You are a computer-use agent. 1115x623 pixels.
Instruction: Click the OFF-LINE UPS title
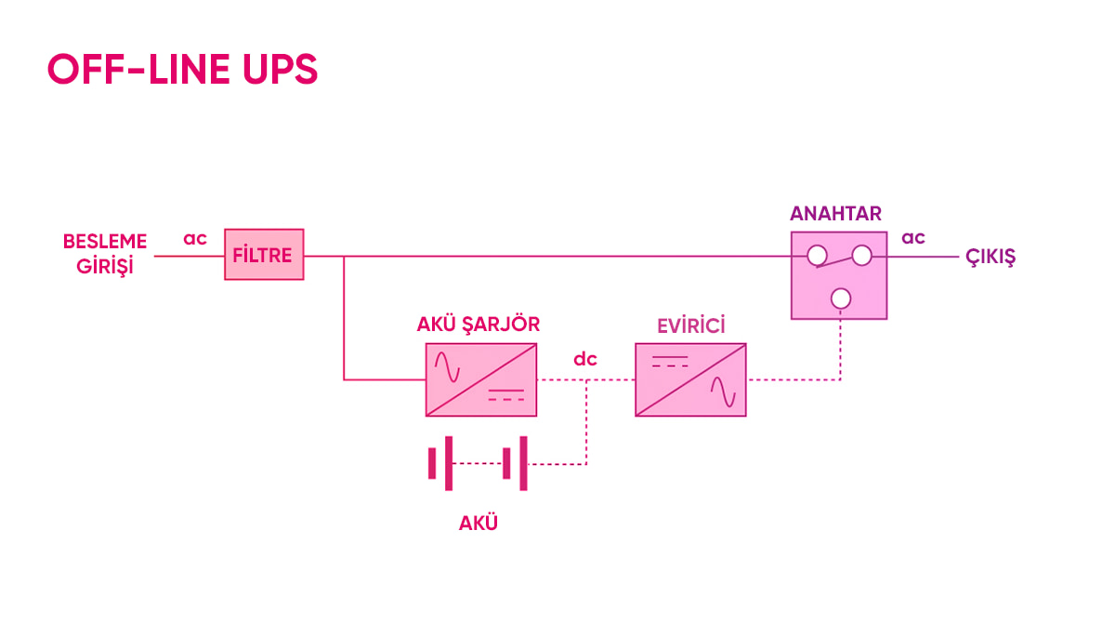pyautogui.click(x=182, y=69)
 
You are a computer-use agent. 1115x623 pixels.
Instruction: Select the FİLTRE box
pyautogui.click(x=264, y=255)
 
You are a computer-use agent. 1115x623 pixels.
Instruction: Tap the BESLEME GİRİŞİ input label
pyautogui.click(x=105, y=254)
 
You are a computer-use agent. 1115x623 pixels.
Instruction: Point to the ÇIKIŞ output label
pyautogui.click(x=990, y=258)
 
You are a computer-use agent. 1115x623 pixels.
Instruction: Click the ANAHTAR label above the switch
pyautogui.click(x=835, y=214)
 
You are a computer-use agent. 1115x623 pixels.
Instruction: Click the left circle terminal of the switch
pyautogui.click(x=817, y=256)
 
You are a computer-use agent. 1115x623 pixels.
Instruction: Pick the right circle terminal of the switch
pyautogui.click(x=861, y=256)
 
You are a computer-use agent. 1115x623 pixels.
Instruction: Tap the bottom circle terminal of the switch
pyautogui.click(x=841, y=298)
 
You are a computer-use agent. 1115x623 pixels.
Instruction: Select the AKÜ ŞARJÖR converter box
pyautogui.click(x=481, y=379)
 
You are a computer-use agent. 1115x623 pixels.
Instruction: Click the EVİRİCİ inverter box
pyautogui.click(x=690, y=379)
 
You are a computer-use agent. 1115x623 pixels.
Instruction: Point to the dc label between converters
pyautogui.click(x=584, y=359)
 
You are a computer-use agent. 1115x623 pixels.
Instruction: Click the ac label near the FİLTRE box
pyautogui.click(x=194, y=239)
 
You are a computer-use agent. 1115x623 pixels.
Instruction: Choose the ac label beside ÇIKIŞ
pyautogui.click(x=912, y=238)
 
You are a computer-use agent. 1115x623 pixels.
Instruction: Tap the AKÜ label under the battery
pyautogui.click(x=478, y=524)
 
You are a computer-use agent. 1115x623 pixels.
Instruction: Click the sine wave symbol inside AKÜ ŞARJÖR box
pyautogui.click(x=447, y=367)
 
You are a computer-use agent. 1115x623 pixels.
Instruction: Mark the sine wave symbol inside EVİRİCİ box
pyautogui.click(x=723, y=391)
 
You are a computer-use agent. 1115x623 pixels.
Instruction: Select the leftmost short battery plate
pyautogui.click(x=432, y=464)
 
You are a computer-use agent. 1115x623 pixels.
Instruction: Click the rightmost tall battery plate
pyautogui.click(x=523, y=464)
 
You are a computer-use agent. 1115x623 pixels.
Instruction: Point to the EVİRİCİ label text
pyautogui.click(x=691, y=326)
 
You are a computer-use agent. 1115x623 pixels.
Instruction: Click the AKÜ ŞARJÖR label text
pyautogui.click(x=478, y=325)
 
